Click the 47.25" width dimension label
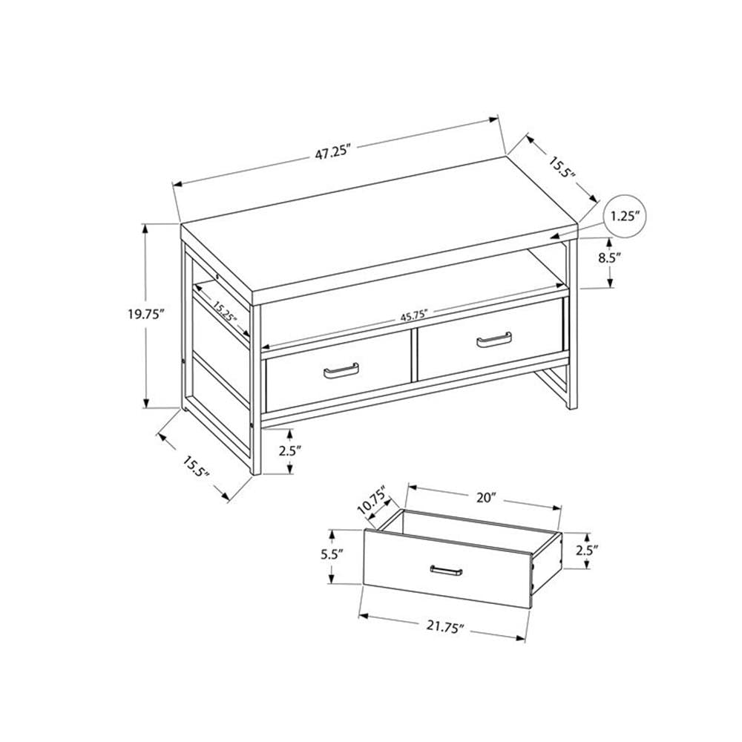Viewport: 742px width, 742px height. click(x=331, y=154)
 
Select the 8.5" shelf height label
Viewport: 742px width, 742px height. click(x=608, y=259)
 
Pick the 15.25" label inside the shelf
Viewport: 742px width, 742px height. click(x=224, y=312)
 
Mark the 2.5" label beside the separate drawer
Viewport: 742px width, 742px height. click(x=586, y=551)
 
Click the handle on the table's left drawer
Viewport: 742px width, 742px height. click(x=341, y=370)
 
